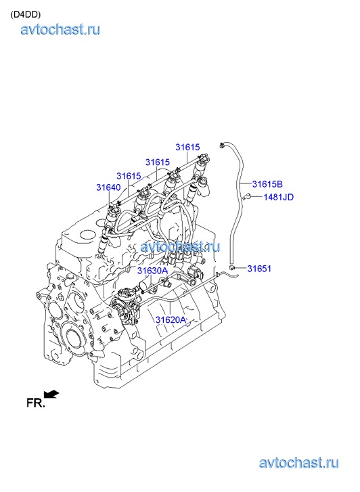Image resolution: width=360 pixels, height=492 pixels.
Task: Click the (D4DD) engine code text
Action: click(26, 15)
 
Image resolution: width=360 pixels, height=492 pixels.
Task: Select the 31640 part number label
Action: click(108, 187)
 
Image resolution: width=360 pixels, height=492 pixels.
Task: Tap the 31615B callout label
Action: click(267, 184)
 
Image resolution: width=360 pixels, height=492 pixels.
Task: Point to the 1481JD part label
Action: click(278, 197)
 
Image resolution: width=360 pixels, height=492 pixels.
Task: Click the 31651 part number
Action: click(259, 269)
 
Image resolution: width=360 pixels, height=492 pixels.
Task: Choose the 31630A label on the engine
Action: click(152, 271)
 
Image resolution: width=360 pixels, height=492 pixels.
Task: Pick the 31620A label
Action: click(171, 319)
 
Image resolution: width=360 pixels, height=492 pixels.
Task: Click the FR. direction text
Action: click(36, 403)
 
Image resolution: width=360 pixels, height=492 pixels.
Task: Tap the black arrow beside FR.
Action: click(51, 394)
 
